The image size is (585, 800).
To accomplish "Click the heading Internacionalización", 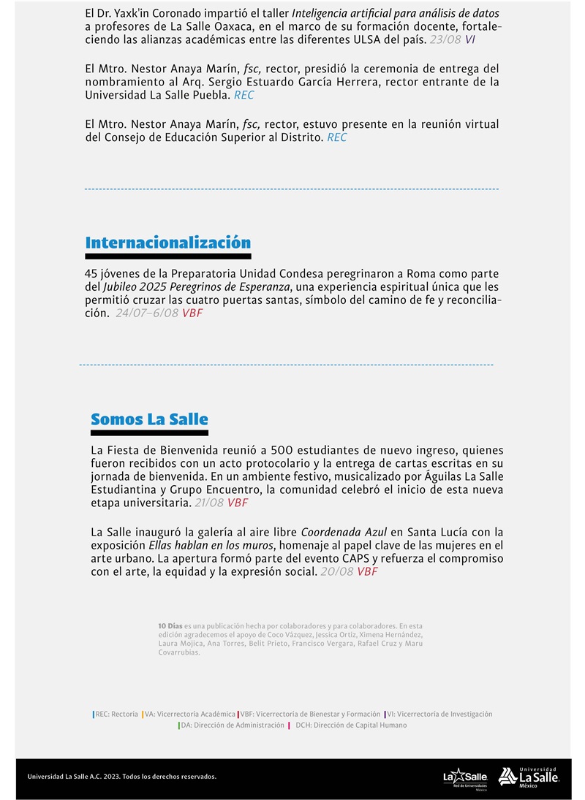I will point(167,243).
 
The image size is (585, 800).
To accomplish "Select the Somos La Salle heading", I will point(149,419).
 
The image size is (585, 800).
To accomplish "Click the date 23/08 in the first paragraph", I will point(445,39).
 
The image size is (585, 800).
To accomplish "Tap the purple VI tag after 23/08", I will point(469,39).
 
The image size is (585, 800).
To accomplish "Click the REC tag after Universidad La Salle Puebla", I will point(244,95).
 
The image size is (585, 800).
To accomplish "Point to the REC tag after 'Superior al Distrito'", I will point(336,137).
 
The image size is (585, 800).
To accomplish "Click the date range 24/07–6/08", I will point(147,313).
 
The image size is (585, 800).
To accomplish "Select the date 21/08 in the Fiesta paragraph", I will point(209,503).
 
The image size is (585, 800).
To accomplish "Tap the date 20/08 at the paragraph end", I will point(336,571).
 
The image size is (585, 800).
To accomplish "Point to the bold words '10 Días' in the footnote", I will point(170,626).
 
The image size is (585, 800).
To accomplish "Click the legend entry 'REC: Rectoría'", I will point(116,714).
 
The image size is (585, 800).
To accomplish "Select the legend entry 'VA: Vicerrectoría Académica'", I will point(190,714).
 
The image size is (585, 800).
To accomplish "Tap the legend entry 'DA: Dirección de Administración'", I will point(233,725).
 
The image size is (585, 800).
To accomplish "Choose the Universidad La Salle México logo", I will point(529,777).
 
